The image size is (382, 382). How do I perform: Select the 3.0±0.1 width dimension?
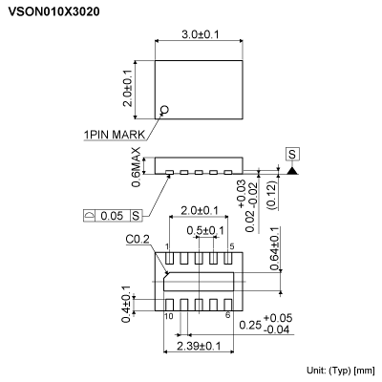pos(201,35)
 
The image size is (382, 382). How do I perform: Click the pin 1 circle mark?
pos(165,111)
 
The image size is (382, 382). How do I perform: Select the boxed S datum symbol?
pos(291,154)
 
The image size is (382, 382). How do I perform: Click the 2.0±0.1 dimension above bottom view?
pos(200,210)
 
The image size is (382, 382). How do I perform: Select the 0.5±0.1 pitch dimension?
pos(205,230)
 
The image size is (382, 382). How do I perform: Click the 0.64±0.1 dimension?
pos(274,249)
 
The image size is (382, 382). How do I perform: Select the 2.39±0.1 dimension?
pos(200,345)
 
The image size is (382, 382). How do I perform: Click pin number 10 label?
pos(168,315)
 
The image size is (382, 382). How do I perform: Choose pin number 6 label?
pos(228,315)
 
